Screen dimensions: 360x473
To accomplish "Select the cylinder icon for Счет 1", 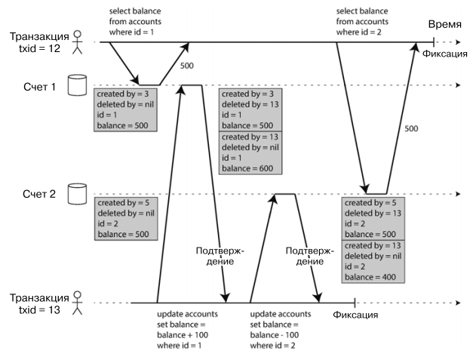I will click(x=75, y=85).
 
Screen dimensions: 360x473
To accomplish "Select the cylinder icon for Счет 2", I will click(x=75, y=194).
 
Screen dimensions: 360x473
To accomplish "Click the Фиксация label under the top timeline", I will click(x=444, y=54).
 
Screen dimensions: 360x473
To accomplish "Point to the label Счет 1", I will click(x=38, y=86).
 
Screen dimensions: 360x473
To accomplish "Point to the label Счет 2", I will click(x=38, y=195).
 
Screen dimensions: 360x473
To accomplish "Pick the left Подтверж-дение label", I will click(x=213, y=256).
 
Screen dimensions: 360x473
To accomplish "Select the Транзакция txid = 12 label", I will click(x=36, y=42).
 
